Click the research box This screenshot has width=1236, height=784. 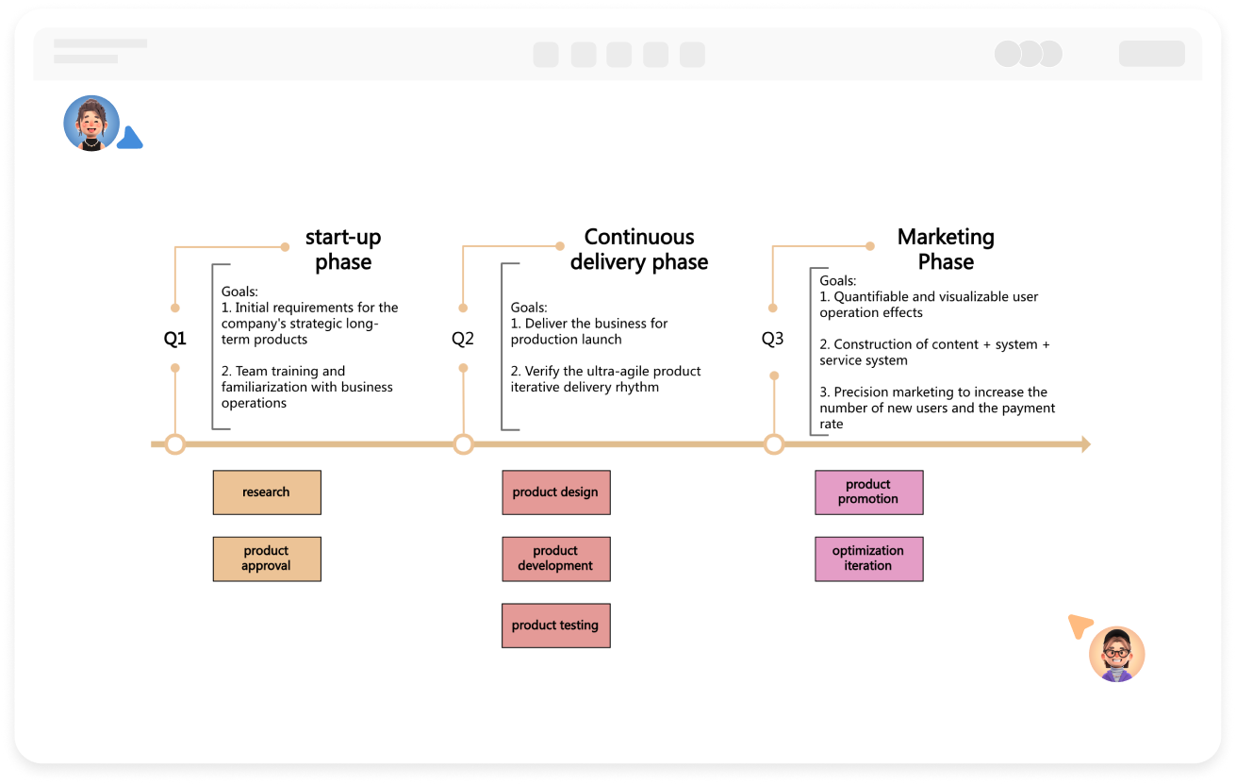(267, 492)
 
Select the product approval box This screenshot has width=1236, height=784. (267, 559)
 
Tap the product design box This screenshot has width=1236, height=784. (555, 492)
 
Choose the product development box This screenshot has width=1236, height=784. (555, 559)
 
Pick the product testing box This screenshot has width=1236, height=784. (555, 626)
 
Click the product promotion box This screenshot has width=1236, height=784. (868, 492)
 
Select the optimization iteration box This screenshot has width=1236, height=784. (868, 559)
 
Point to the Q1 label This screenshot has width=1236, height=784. (175, 339)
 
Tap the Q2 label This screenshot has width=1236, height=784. (463, 339)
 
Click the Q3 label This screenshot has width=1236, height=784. (773, 339)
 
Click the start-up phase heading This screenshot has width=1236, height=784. (343, 249)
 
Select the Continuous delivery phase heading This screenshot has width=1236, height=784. (639, 249)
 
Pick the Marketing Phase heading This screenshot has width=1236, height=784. (946, 249)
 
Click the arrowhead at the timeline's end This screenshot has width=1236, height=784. (1085, 444)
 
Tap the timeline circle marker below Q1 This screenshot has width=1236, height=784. (175, 444)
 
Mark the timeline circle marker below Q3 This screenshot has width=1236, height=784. (774, 444)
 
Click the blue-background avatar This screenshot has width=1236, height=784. (91, 124)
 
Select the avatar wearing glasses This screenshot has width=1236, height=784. (1117, 654)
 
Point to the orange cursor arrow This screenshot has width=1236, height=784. (1079, 626)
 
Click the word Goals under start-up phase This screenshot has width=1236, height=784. (239, 292)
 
